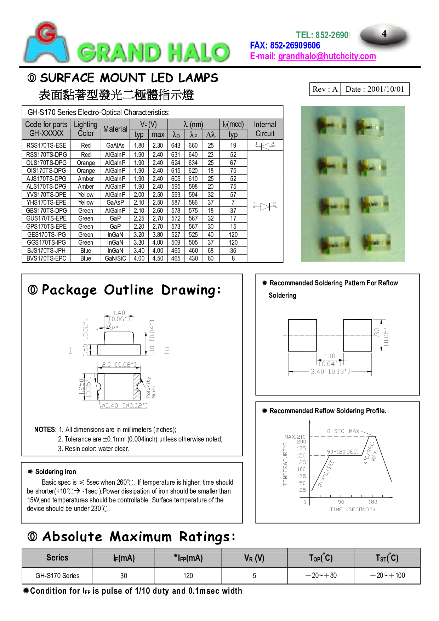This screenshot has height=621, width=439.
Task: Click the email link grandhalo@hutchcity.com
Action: tap(327, 56)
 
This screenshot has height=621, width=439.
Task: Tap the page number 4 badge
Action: tap(385, 35)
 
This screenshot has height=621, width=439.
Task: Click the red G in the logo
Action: tap(46, 33)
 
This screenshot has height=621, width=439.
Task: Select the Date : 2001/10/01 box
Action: tap(375, 89)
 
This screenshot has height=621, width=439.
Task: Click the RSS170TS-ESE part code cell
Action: tap(46, 146)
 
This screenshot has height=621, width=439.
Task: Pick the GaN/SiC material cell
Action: tap(115, 258)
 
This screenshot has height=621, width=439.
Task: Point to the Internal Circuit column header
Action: tap(265, 129)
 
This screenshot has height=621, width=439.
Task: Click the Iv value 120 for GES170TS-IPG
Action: tap(233, 235)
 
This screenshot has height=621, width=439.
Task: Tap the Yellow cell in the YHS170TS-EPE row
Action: tap(86, 203)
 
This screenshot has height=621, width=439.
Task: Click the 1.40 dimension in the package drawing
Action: tap(119, 313)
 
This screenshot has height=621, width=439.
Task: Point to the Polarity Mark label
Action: tap(151, 388)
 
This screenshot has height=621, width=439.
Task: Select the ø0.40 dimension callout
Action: tap(124, 406)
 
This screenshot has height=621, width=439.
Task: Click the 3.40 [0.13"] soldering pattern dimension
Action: tap(330, 371)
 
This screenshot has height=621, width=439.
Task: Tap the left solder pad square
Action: tap(302, 335)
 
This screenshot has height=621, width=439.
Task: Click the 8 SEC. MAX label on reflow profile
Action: tap(343, 431)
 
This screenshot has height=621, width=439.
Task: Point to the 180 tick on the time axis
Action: tap(373, 502)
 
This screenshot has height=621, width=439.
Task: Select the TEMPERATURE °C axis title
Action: tap(285, 464)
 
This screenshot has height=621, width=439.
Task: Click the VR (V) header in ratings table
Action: tap(254, 558)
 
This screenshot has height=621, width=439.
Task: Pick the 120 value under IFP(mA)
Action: tap(188, 576)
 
